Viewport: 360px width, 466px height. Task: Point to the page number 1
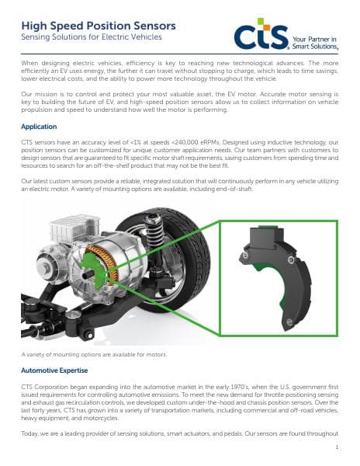click(x=337, y=447)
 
